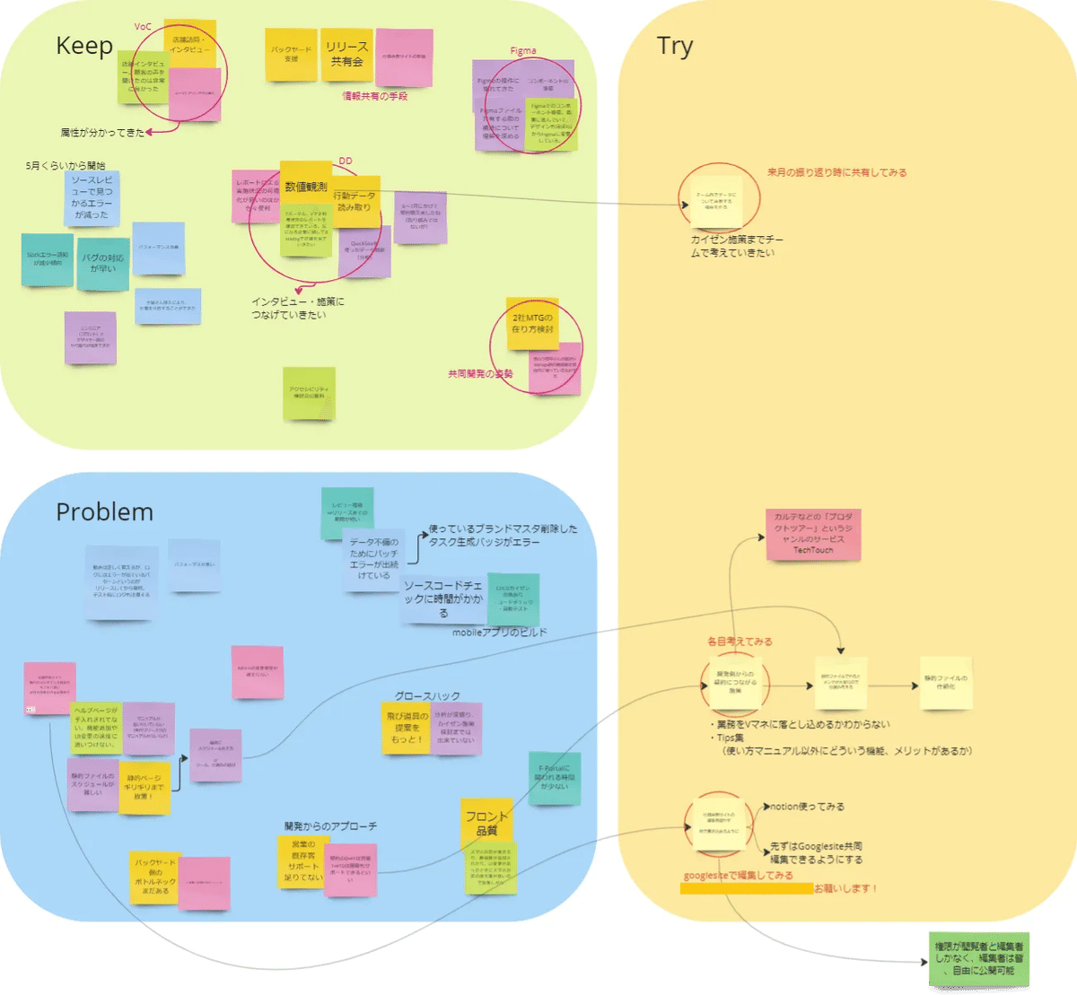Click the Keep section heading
[84, 46]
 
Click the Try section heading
[675, 46]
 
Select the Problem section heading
[104, 511]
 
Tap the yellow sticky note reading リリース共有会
[346, 54]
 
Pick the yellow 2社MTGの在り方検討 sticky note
[532, 323]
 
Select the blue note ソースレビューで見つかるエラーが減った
[92, 197]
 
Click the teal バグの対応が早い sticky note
[103, 263]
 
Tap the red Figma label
[523, 51]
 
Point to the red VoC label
[143, 27]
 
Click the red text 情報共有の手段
[375, 96]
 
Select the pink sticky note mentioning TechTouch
[813, 535]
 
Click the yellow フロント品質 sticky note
[486, 822]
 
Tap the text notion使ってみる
[807, 807]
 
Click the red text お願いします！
[846, 888]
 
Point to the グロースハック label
[427, 696]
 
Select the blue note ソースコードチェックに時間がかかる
[442, 598]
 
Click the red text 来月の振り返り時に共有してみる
[836, 172]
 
